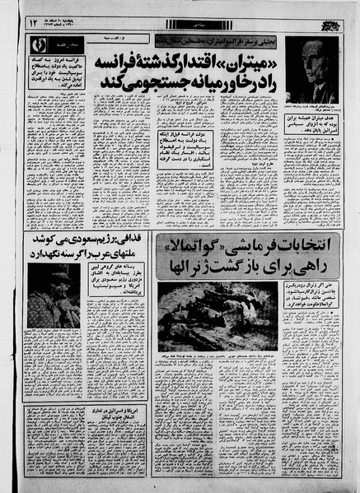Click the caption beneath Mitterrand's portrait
coord(311,109)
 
